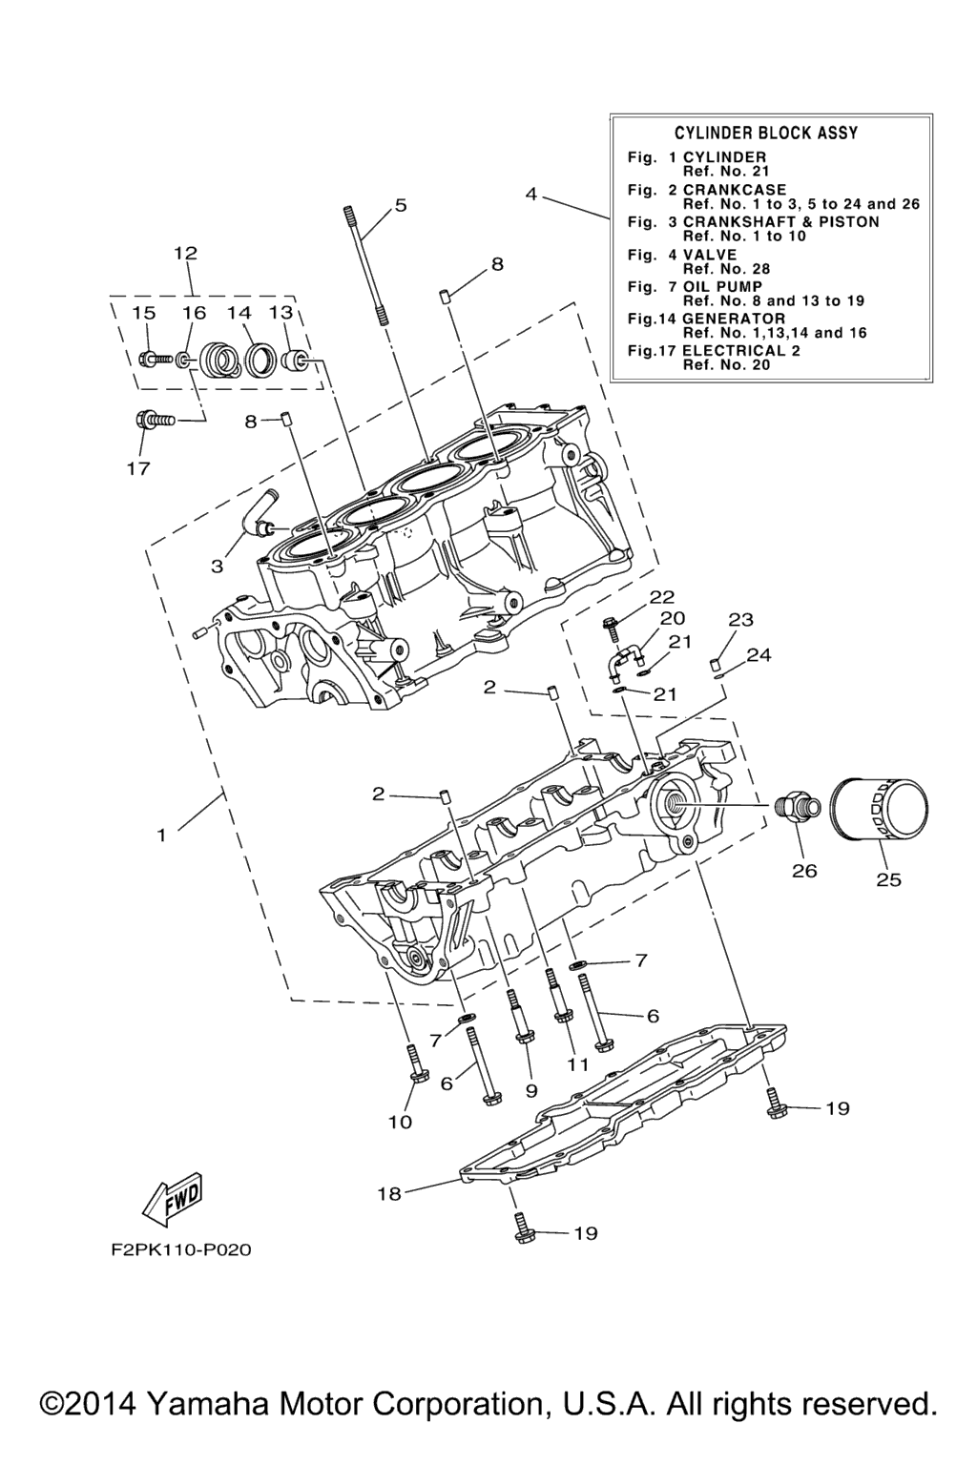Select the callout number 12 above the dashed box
(x=186, y=253)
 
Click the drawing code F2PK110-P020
(x=180, y=1249)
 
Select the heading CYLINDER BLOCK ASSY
(x=765, y=133)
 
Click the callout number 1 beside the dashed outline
(x=161, y=836)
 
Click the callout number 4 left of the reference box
(x=530, y=195)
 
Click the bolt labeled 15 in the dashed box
(x=156, y=359)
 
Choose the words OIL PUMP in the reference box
(x=722, y=286)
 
